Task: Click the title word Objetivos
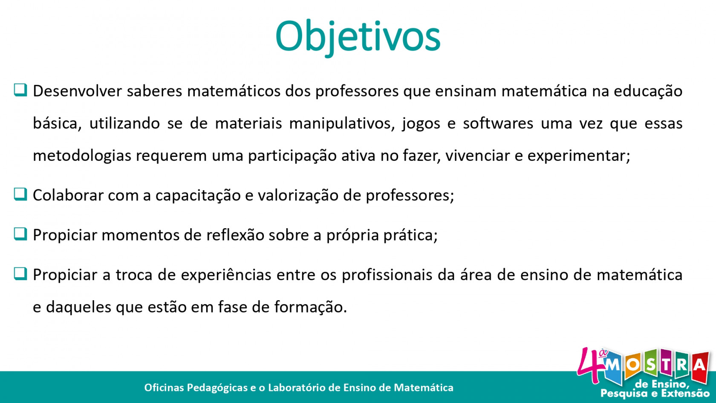tap(358, 37)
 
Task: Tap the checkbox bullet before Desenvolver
tap(20, 90)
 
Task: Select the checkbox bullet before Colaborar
tap(20, 194)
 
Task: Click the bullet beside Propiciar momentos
tap(20, 234)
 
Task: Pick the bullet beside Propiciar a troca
tap(20, 273)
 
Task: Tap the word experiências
tap(226, 275)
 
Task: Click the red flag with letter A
tap(700, 368)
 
